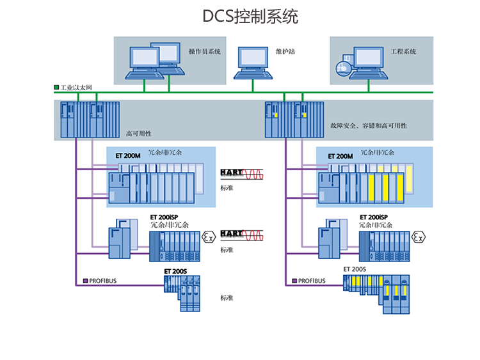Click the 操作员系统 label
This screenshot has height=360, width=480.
pos(204,51)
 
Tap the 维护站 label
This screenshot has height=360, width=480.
pos(285,51)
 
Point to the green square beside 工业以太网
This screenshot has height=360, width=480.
pos(56,87)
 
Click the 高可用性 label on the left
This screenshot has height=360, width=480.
pos(138,134)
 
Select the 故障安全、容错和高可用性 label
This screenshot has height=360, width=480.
pos(369,125)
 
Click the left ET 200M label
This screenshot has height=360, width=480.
pos(127,155)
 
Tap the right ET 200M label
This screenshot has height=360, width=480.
pos(340,155)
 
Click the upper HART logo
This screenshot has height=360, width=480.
pos(232,173)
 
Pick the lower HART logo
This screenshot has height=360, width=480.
pos(232,234)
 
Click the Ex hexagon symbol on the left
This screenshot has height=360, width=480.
pos(208,238)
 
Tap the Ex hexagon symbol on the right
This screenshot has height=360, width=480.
pos(419,238)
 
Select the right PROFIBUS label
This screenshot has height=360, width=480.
pos(312,281)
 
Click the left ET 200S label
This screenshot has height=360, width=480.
pos(175,272)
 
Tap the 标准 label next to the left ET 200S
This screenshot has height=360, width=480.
pos(227,298)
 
